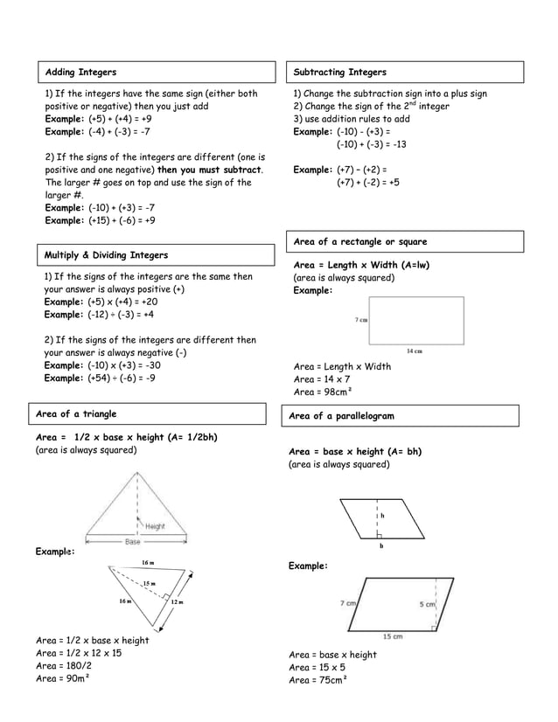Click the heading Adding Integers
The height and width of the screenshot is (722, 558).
coord(80,72)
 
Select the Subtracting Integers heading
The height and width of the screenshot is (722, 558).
coord(339,72)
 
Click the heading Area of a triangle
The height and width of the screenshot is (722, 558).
coord(75,413)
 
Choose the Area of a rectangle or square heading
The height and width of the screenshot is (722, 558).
coord(360,241)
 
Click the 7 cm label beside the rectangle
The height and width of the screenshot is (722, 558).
coord(360,320)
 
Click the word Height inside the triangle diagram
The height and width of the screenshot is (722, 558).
coord(155,526)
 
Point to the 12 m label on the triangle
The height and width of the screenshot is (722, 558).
coord(178,602)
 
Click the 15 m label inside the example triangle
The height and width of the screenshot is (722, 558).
coord(150,583)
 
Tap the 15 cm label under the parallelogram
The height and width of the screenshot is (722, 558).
coord(392,636)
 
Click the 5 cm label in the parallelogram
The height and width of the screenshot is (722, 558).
coord(429,604)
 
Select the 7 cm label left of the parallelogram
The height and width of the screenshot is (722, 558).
coord(347,603)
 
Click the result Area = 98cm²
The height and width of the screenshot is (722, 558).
coord(323,392)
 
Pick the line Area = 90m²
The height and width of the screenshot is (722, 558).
coord(63,678)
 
